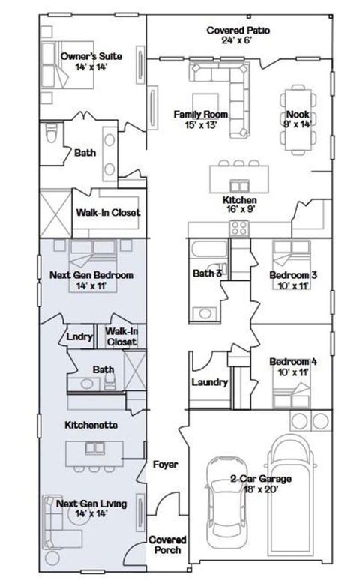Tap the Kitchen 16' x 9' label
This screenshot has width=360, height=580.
240,205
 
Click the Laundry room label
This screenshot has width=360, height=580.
209,382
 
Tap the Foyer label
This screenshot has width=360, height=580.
165,465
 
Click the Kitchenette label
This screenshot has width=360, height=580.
90,425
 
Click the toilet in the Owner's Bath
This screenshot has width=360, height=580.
50,136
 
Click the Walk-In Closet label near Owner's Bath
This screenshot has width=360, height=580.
108,212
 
